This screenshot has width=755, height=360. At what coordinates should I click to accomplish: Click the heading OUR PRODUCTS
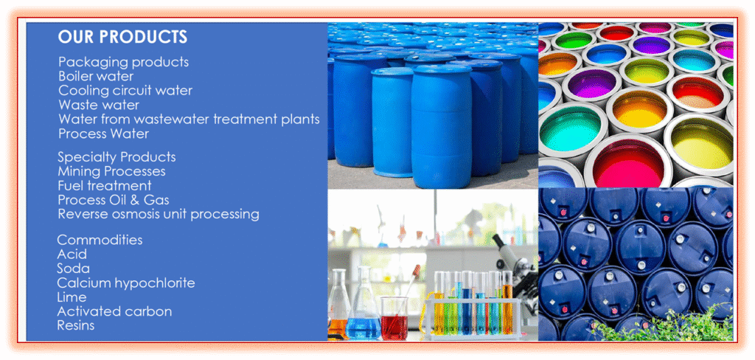click(x=122, y=37)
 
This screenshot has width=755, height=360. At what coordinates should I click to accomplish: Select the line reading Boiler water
click(x=96, y=76)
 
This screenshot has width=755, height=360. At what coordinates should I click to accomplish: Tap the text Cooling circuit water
click(x=125, y=90)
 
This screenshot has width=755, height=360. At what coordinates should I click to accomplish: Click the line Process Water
click(x=103, y=134)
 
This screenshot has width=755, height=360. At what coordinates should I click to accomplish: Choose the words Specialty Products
click(x=116, y=157)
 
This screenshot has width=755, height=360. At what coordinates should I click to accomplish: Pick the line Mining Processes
click(x=112, y=171)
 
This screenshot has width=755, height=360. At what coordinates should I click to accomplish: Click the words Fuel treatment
click(x=105, y=186)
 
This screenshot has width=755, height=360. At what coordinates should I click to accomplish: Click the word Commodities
click(x=100, y=240)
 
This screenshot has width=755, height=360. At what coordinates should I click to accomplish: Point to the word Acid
click(x=72, y=254)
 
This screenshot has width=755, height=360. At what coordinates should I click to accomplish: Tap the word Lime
click(x=72, y=297)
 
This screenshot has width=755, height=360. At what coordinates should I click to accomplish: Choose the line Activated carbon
click(x=114, y=311)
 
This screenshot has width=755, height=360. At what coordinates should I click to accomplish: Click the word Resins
click(x=76, y=325)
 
